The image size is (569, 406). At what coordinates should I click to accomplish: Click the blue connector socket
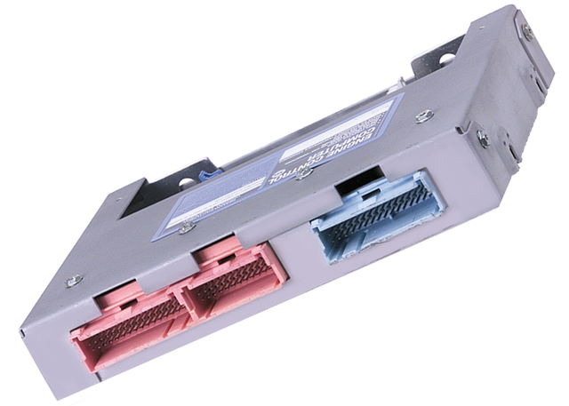point(374,218)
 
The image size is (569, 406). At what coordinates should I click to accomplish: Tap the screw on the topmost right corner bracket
point(527,32)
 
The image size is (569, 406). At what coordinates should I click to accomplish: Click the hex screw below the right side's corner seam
point(483,138)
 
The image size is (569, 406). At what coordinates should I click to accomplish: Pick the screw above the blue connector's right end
point(425,115)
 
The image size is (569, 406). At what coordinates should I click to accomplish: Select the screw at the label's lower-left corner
point(186,228)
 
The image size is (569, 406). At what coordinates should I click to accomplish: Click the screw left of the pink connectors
point(73,281)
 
